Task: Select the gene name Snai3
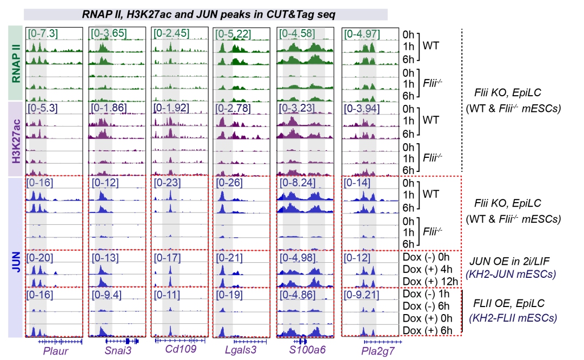click(118, 351)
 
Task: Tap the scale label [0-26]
click(229, 183)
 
